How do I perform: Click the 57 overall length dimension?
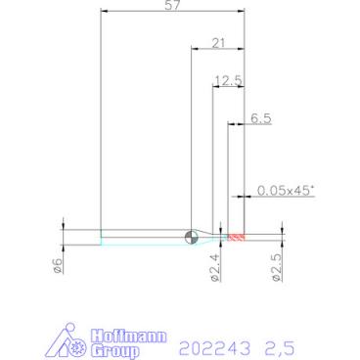172,6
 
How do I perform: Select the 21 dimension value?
218,43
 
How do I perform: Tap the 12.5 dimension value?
229,80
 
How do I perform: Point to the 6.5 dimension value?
261,118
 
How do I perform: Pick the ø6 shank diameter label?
58,265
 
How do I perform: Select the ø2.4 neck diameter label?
215,268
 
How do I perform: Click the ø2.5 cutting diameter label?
277,268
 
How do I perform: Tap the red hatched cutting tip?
237,238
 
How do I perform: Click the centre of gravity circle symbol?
191,238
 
